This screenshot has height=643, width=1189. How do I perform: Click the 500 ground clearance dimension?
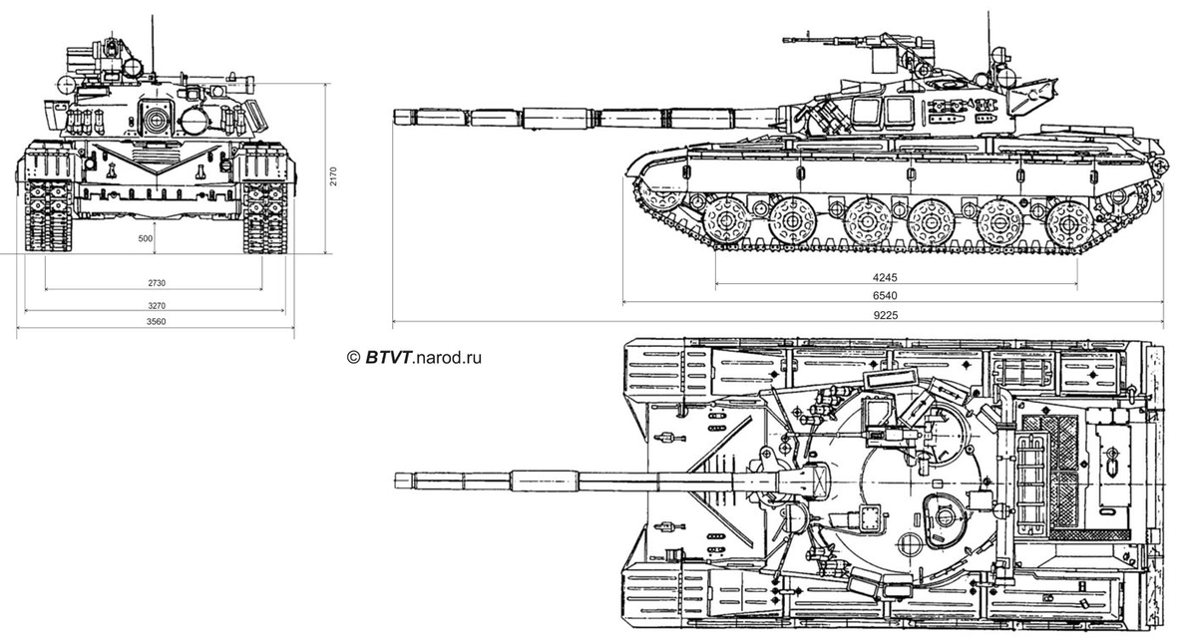146,239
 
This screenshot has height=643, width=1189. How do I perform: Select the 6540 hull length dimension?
896,295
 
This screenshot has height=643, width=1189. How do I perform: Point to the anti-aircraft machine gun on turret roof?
813,41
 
